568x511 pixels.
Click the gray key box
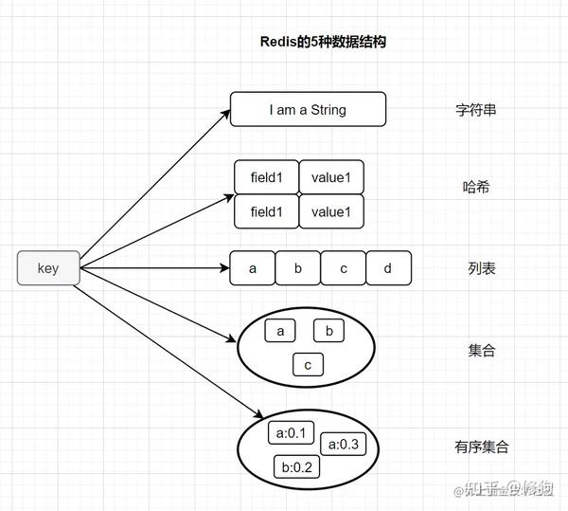click(x=48, y=268)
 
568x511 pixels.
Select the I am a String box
click(x=308, y=110)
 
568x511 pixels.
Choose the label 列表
click(x=482, y=268)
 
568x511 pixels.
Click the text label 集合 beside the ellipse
click(x=482, y=351)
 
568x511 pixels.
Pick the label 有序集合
click(x=482, y=447)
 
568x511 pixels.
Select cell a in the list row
click(x=253, y=268)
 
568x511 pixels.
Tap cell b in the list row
click(x=298, y=268)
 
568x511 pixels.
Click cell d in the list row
click(x=388, y=268)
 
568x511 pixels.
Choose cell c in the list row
click(x=344, y=268)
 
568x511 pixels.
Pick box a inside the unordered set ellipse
click(x=281, y=331)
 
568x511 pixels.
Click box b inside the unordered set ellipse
click(x=328, y=331)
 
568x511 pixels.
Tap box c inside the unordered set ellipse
click(x=308, y=365)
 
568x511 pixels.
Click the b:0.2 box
click(x=296, y=466)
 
